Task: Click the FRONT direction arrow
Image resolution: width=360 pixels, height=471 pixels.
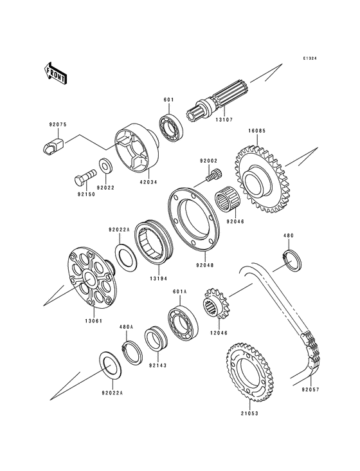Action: click(x=55, y=73)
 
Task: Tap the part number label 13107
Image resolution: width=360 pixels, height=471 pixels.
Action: click(x=224, y=120)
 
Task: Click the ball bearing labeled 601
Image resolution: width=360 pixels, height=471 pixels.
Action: click(x=172, y=129)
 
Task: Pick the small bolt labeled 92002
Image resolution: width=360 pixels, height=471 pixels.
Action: click(x=213, y=174)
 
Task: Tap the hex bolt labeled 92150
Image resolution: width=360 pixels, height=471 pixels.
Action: click(x=85, y=176)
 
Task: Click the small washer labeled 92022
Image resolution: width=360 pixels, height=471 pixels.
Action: click(x=105, y=165)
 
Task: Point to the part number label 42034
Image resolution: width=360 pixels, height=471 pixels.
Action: click(x=148, y=182)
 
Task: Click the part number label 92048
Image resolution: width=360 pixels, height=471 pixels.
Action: click(x=205, y=265)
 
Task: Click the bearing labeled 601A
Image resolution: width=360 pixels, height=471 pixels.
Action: click(x=183, y=324)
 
